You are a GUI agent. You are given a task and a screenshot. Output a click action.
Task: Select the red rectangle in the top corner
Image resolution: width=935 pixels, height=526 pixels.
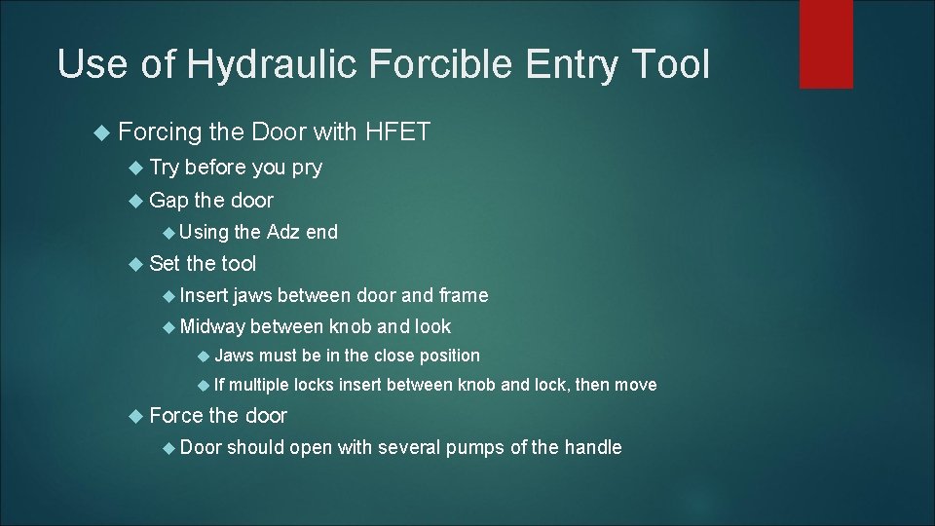[x=826, y=44]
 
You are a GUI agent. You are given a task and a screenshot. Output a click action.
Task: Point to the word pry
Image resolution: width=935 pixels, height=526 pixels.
[x=307, y=168]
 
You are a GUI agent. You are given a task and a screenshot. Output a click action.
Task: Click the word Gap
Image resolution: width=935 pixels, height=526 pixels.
[x=168, y=201]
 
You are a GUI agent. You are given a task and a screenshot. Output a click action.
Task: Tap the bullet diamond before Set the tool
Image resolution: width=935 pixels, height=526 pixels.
[x=137, y=264]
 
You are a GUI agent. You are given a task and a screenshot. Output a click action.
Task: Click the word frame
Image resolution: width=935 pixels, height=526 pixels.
[x=464, y=295]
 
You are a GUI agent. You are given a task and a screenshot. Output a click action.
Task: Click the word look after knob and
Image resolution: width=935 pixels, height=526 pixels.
[x=432, y=326]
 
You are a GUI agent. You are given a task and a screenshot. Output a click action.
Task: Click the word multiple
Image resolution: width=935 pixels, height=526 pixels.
[x=259, y=385]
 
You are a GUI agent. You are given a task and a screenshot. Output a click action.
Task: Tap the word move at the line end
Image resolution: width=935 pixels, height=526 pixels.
[x=636, y=385]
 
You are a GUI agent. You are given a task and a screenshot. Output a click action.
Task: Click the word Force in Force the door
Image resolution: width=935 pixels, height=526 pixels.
[x=174, y=416]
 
